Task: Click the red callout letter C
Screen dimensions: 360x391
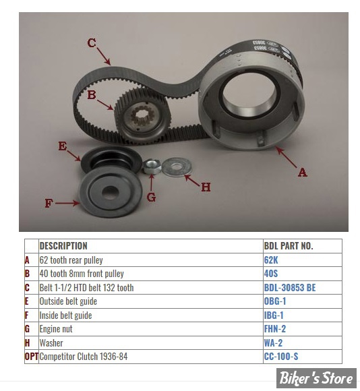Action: pyautogui.click(x=92, y=43)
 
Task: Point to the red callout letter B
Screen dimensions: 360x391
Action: pyautogui.click(x=92, y=95)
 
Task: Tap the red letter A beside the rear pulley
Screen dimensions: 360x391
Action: pyautogui.click(x=302, y=173)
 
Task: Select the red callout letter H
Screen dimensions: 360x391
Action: pyautogui.click(x=206, y=187)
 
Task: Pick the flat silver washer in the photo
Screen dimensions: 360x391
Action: pyautogui.click(x=177, y=167)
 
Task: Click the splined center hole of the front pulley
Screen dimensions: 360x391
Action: pyautogui.click(x=142, y=116)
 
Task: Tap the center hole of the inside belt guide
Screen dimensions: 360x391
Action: pyautogui.click(x=110, y=192)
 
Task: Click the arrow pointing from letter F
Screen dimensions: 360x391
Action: pyautogui.click(x=68, y=203)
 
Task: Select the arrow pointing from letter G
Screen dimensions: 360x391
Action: pyautogui.click(x=151, y=183)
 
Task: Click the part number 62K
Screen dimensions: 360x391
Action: pyautogui.click(x=271, y=260)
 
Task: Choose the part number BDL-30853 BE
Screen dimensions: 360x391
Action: pyautogui.click(x=290, y=287)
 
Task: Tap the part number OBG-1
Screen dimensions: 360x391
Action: pyautogui.click(x=275, y=301)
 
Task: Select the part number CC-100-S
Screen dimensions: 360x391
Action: pyautogui.click(x=281, y=357)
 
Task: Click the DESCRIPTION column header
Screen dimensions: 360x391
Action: pyautogui.click(x=63, y=246)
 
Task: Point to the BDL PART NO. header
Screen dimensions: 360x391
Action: pyautogui.click(x=289, y=246)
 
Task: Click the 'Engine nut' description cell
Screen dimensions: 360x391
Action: pyautogui.click(x=56, y=329)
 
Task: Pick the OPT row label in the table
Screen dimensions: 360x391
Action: pyautogui.click(x=32, y=357)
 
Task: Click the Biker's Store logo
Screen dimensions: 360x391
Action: pyautogui.click(x=316, y=378)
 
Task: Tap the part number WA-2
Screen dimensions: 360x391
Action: pyautogui.click(x=273, y=343)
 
